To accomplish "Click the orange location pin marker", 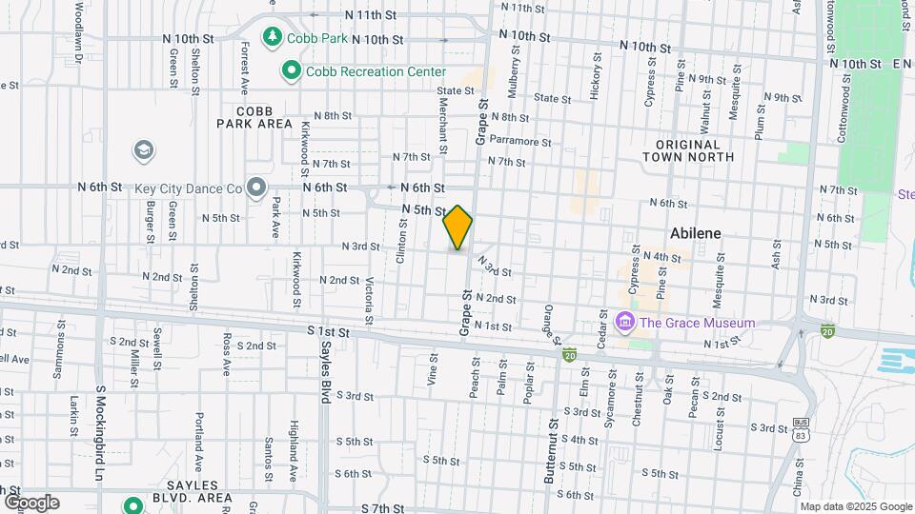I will point(457,227).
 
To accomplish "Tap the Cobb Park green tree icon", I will point(273,35).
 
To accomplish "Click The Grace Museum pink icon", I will point(625,322).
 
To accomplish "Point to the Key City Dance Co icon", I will point(255,188).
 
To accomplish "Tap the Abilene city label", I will point(695,233).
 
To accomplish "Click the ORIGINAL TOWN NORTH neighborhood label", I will point(694,149).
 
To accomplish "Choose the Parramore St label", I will point(520,142).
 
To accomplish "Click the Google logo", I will point(30,502).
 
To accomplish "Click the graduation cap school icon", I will point(144,150).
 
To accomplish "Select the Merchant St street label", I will point(443,125).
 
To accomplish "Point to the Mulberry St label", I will point(516,81).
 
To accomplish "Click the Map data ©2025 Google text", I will point(856,506).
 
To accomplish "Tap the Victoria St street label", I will point(369,298).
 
